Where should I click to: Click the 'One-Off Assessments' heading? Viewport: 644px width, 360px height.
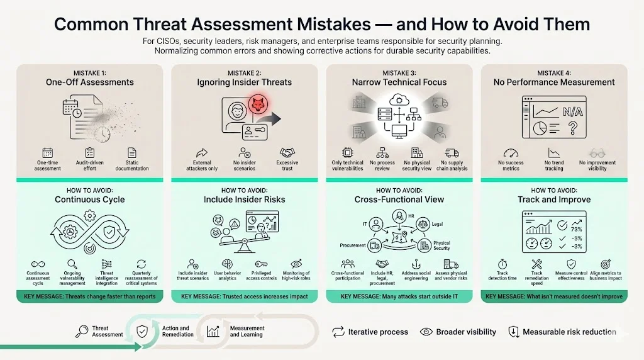(x=90, y=82)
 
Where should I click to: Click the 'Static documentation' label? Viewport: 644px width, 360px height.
(x=132, y=166)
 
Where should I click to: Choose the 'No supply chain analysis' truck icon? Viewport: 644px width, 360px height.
(x=452, y=153)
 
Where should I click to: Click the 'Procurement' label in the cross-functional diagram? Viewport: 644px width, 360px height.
(x=353, y=245)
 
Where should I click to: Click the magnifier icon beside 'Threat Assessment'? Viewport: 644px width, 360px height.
(x=81, y=331)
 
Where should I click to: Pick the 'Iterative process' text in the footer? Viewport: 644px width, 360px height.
(x=378, y=332)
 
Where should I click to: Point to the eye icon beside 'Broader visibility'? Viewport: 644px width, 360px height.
(x=426, y=332)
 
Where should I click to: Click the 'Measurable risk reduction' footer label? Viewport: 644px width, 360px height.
(x=569, y=332)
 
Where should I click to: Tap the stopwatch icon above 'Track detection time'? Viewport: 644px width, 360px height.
(x=502, y=264)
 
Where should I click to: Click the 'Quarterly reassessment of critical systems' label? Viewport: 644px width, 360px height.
(x=142, y=278)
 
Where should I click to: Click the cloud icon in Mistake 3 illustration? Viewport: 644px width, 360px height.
(x=399, y=99)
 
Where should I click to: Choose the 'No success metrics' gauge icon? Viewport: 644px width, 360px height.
(x=510, y=153)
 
